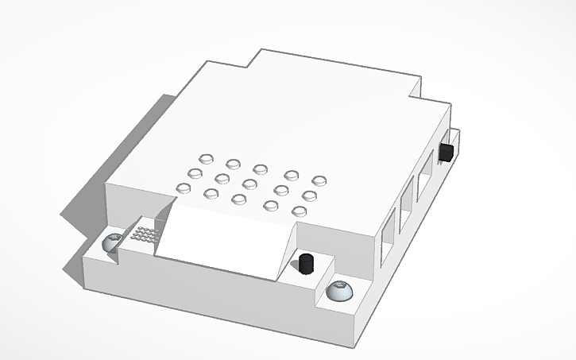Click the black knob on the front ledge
tap(305, 264)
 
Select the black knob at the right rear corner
tap(447, 152)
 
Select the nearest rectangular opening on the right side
tap(388, 238)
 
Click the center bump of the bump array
tap(250, 184)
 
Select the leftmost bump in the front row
tap(184, 188)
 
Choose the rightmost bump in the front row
tap(299, 211)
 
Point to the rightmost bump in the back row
tap(319, 181)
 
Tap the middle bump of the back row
tap(260, 168)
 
